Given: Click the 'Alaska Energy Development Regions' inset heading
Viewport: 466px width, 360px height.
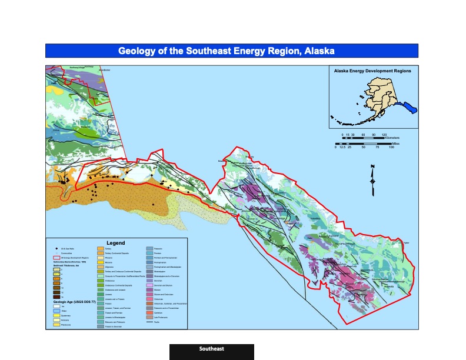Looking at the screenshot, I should pyautogui.click(x=372, y=71).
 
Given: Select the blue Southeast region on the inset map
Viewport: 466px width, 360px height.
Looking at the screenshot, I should pyautogui.click(x=407, y=108).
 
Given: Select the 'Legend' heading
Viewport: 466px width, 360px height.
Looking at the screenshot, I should pyautogui.click(x=115, y=242).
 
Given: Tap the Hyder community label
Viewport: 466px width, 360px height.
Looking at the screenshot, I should pyautogui.click(x=405, y=242).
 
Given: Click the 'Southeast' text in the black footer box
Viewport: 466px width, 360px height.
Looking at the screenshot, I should pyautogui.click(x=211, y=349).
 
